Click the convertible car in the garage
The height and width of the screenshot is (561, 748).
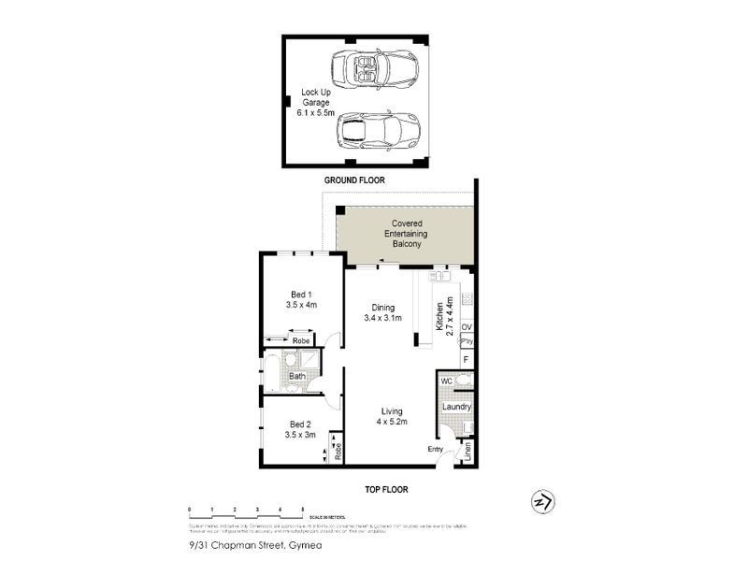(373, 69)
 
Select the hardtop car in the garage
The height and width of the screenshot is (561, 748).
(378, 131)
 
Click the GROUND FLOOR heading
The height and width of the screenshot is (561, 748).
(354, 180)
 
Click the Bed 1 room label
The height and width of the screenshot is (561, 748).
(302, 298)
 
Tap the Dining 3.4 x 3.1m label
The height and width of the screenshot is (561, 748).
(382, 312)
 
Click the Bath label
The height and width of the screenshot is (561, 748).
(296, 377)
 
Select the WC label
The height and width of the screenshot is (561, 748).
(447, 381)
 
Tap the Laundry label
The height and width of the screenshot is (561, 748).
(456, 408)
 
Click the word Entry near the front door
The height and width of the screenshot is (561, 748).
(436, 450)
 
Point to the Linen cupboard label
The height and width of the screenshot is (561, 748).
(468, 453)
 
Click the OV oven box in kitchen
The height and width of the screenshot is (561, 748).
(467, 326)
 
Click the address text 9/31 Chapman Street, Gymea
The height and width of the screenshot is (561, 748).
(244, 547)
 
